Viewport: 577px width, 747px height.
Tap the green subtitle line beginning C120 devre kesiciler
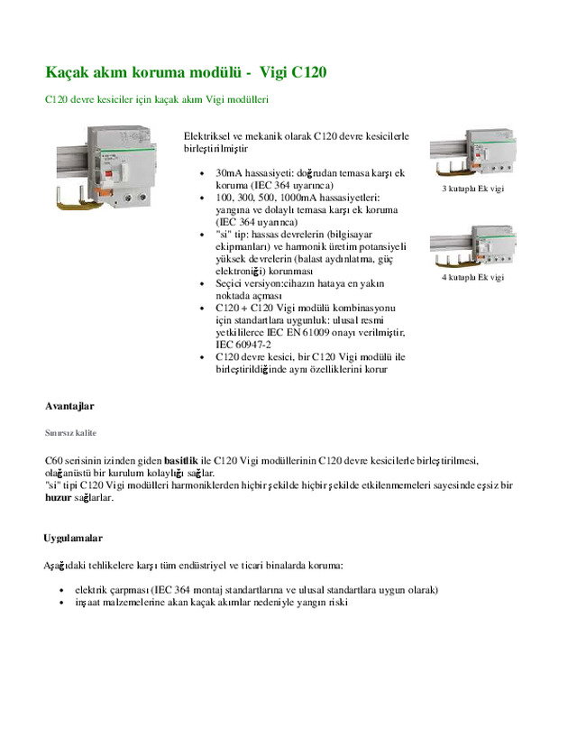(157, 98)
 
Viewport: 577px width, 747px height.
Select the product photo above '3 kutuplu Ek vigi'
(472, 154)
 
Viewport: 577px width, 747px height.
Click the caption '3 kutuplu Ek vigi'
(472, 189)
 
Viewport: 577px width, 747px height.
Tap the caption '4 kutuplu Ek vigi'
(472, 278)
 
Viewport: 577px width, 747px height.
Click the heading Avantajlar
(69, 405)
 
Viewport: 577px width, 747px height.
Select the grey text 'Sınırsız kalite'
(71, 433)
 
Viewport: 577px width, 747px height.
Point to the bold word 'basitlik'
(180, 459)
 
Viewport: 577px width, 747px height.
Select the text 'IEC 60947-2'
(243, 344)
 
